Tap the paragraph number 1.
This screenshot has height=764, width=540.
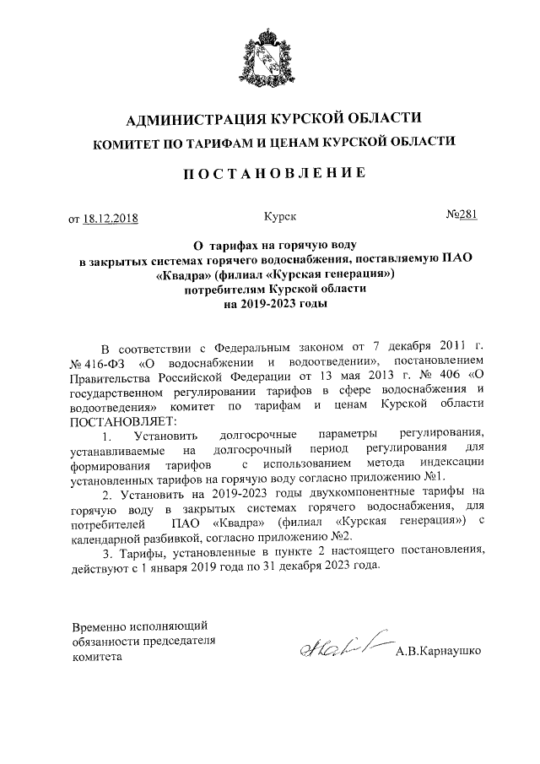(x=105, y=436)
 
